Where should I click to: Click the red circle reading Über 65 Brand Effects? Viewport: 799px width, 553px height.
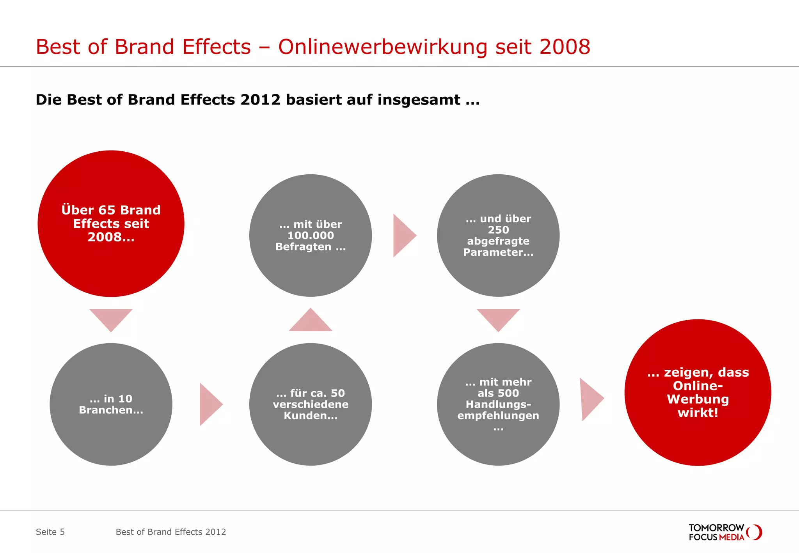click(x=111, y=223)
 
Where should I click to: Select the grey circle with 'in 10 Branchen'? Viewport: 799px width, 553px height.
click(x=111, y=404)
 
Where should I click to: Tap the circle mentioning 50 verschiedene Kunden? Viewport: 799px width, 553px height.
click(x=311, y=404)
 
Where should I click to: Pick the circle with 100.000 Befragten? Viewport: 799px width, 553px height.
click(x=311, y=236)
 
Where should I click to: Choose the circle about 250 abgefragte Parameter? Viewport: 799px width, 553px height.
click(x=498, y=236)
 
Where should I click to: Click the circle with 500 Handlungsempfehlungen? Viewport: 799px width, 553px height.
click(x=498, y=404)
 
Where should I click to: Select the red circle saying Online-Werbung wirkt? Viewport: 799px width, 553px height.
click(x=698, y=392)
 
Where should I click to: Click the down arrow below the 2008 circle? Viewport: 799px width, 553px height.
click(x=111, y=318)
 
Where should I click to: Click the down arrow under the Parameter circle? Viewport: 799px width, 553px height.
click(x=498, y=318)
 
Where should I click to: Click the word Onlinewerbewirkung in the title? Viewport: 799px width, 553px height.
click(x=383, y=47)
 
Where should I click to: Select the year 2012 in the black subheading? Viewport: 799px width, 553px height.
click(x=260, y=100)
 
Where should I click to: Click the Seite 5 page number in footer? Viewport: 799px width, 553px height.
click(x=50, y=532)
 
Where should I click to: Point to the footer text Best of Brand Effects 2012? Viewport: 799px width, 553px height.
click(x=171, y=532)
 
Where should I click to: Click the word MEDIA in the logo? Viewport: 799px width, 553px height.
click(x=732, y=537)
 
